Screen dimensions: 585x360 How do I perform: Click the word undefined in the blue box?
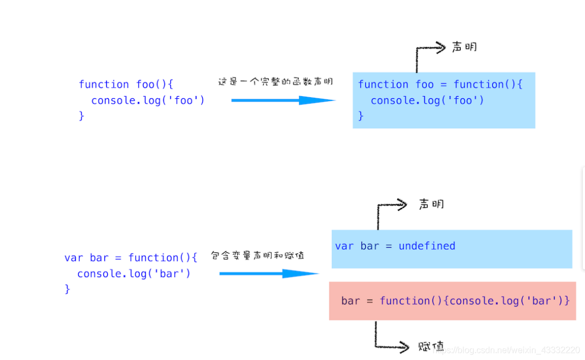pos(427,246)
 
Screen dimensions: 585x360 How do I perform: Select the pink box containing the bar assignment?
pos(452,301)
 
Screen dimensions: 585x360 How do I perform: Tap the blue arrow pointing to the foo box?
pos(283,100)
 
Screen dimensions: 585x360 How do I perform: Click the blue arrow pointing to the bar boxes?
pos(269,274)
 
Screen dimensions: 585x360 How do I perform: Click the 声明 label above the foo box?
pos(465,47)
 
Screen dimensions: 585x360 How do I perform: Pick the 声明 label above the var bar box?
pos(431,204)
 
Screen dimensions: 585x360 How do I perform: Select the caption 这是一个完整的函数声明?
pos(275,81)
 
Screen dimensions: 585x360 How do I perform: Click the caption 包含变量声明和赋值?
pos(257,255)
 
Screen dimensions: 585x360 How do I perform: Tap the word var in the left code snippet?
pos(73,258)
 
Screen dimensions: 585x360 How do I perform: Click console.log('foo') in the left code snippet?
pos(148,100)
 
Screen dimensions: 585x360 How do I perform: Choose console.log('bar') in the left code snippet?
pos(134,274)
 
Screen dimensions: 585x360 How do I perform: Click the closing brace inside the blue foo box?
pos(361,116)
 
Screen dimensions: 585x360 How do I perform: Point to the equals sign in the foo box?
pos(443,85)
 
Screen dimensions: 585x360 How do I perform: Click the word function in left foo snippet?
pos(104,84)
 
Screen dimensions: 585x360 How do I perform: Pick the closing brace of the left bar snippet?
pos(67,289)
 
